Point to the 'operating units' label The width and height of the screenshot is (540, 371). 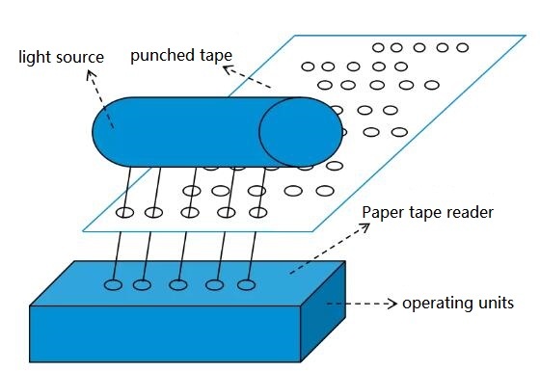pos(459,305)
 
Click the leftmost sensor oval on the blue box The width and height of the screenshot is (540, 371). pos(113,284)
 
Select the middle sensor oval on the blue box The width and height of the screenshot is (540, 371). pos(178,284)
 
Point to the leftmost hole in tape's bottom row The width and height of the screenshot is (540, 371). pos(123,212)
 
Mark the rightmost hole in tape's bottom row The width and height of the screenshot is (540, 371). pos(257,212)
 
